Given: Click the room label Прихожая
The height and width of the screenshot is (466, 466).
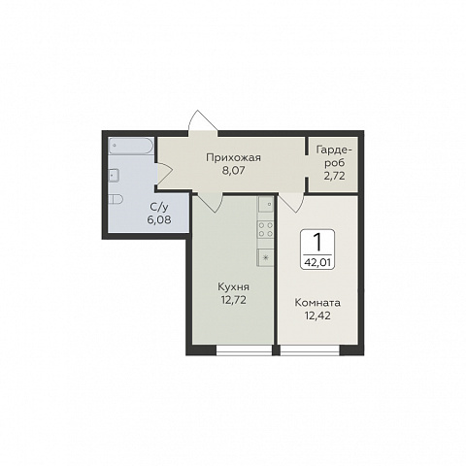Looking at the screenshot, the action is tap(233, 158).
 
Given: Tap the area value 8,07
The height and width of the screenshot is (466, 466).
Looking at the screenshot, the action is tap(233, 171).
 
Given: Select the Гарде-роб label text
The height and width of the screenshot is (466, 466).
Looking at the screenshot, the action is tap(334, 157).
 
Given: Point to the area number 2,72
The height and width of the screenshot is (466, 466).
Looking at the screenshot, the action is tap(334, 176).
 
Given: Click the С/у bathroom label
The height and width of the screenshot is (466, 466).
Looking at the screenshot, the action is tap(159, 207).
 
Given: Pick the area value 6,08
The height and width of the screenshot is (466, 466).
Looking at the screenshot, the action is tap(159, 220).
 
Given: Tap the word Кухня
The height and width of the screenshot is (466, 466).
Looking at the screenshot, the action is tap(233, 287).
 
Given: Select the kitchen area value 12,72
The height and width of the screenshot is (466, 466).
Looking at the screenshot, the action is tap(234, 300).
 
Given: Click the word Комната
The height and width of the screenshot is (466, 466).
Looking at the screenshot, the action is tap(317, 303).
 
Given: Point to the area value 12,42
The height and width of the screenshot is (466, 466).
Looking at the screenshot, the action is tap(317, 316).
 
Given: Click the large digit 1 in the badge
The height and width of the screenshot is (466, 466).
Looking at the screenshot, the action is tap(317, 243).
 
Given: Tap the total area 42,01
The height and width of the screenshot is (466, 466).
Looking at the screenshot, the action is tap(317, 262).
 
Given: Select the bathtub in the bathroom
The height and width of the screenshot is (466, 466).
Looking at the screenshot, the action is tap(131, 147).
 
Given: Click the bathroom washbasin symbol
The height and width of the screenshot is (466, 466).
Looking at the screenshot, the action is tap(114, 176).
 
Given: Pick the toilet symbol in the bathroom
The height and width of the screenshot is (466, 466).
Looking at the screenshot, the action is tap(116, 199).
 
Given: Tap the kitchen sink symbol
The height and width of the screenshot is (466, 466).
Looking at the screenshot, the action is tap(266, 204).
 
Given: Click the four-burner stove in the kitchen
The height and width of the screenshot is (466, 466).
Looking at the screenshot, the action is tap(266, 229).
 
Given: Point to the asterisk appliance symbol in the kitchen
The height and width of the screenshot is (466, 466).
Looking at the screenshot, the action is tap(266, 258).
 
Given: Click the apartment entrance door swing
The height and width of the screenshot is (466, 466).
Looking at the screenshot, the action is tap(203, 120).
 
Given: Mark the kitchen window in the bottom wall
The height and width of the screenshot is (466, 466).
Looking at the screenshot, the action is tap(244, 350).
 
